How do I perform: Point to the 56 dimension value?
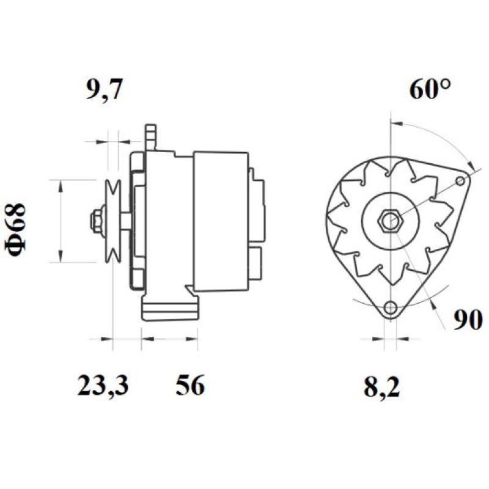tap(190, 386)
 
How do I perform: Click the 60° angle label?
tap(430, 91)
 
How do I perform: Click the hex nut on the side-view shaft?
tap(96, 221)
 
